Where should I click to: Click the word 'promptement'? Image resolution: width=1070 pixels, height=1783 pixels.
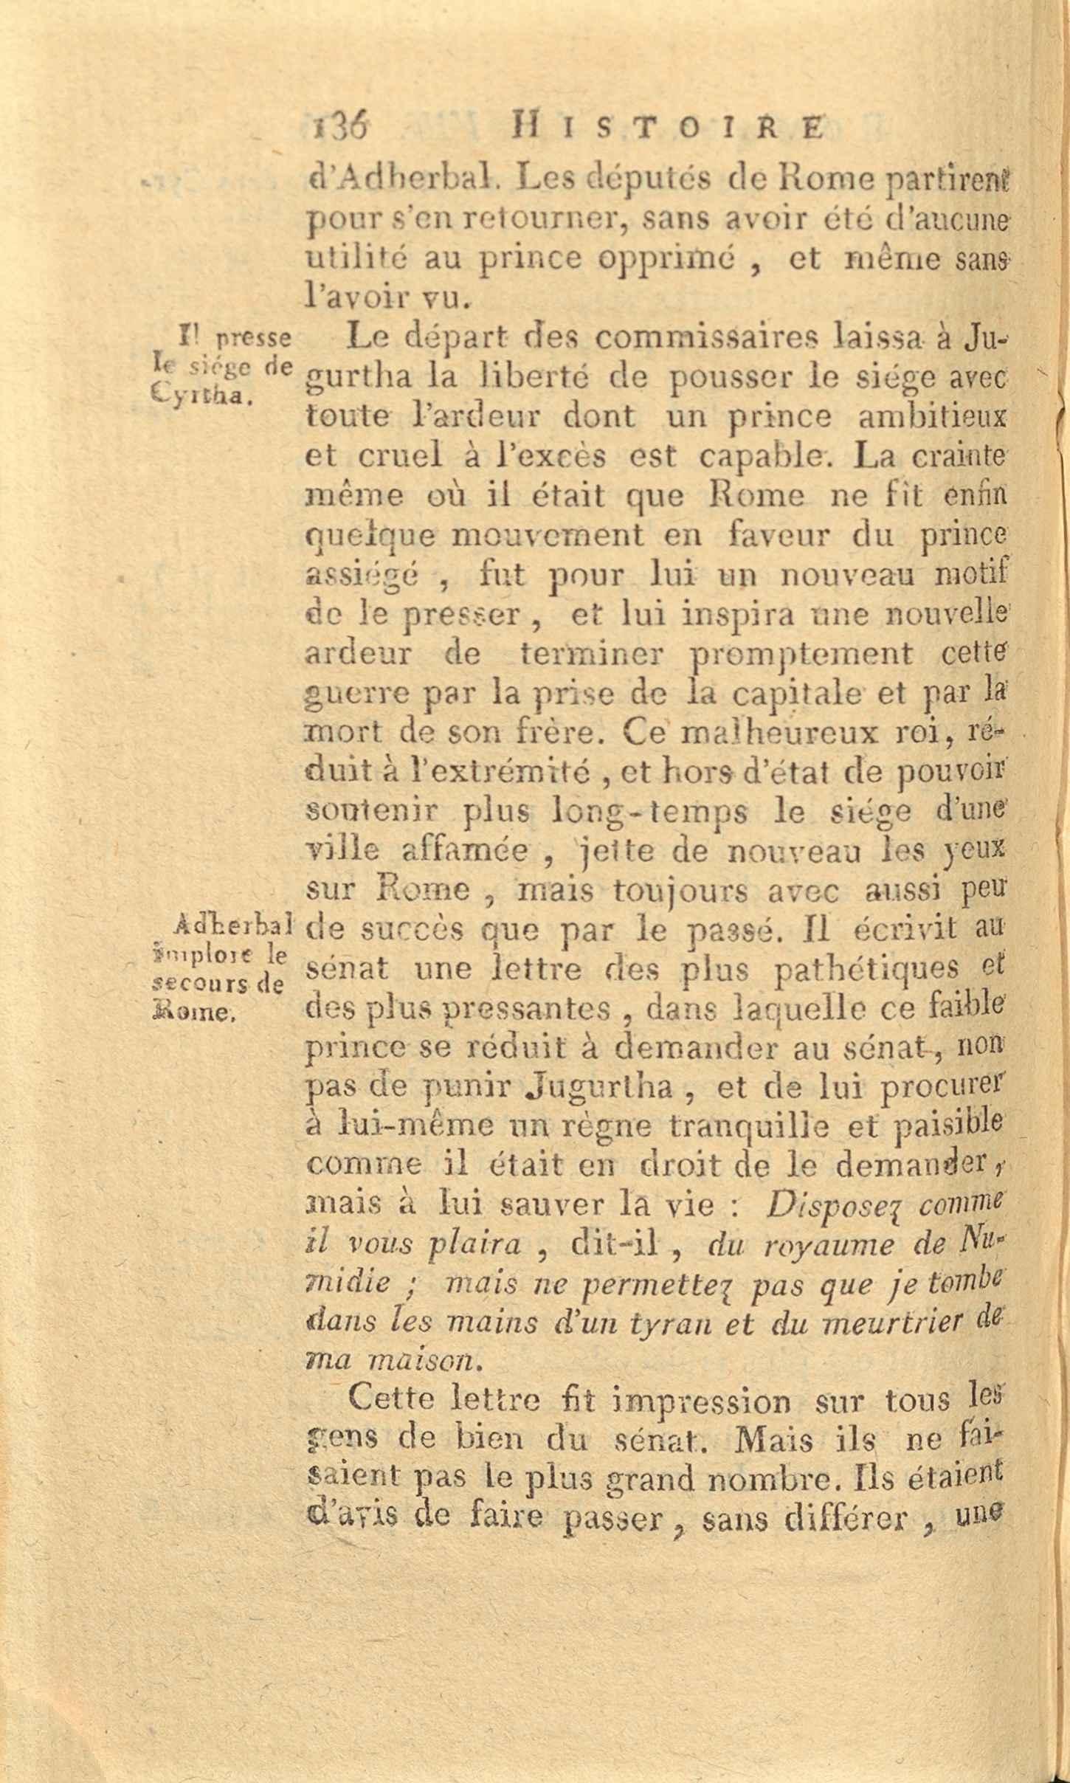(x=800, y=653)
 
